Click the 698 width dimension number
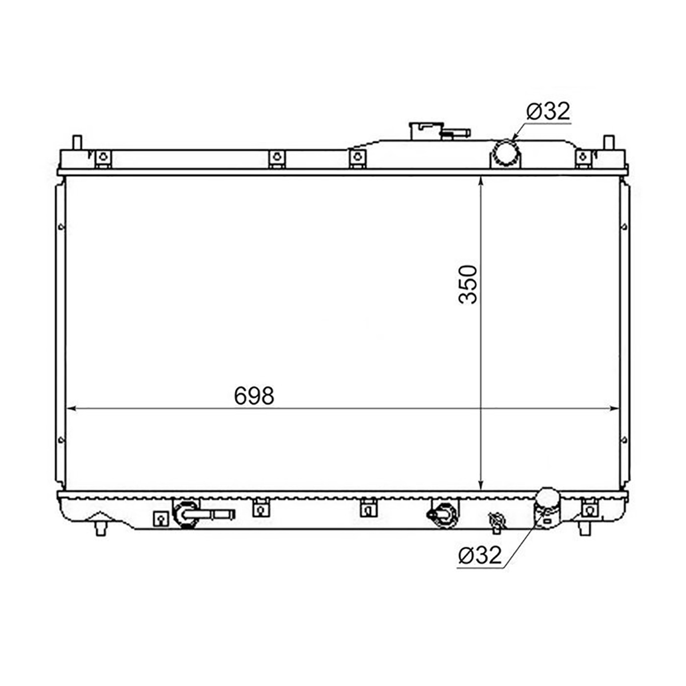[254, 395]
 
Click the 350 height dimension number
[468, 285]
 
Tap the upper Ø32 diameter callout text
[548, 111]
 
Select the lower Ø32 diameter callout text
[480, 555]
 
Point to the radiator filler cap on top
[426, 131]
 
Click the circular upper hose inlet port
[505, 153]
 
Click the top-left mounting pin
[77, 143]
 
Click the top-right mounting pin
[609, 143]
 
